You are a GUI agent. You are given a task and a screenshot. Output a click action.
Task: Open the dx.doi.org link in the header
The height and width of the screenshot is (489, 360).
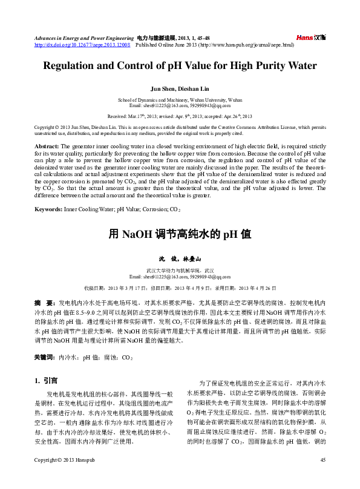coord(82,45)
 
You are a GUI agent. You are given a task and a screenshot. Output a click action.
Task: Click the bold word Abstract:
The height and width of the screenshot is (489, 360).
coord(46,147)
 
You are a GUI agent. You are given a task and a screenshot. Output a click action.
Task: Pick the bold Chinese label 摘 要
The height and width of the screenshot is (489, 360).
coord(43,301)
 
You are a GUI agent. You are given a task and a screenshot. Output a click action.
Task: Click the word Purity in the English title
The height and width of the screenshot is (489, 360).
coord(262,65)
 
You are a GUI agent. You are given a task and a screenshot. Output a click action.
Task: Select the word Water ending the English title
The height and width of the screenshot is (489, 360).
coord(300,65)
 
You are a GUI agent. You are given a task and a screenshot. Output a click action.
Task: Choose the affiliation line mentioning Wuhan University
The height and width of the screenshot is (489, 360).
coord(180,99)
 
